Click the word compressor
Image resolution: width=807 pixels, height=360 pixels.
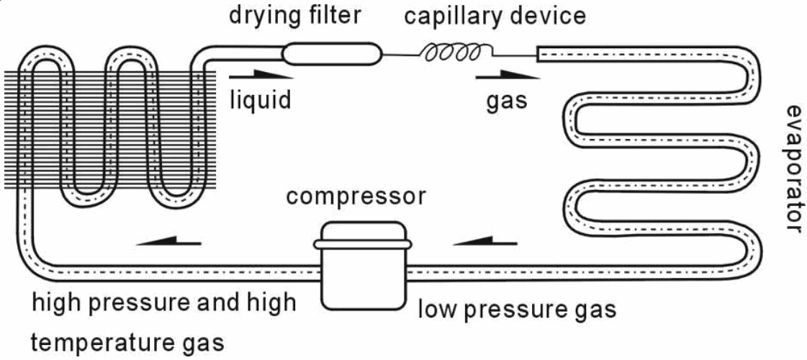[356, 197]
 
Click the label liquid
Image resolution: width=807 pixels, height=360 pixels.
[260, 99]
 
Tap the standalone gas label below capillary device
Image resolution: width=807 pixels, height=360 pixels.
[507, 101]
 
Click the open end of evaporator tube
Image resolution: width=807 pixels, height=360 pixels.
[538, 54]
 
